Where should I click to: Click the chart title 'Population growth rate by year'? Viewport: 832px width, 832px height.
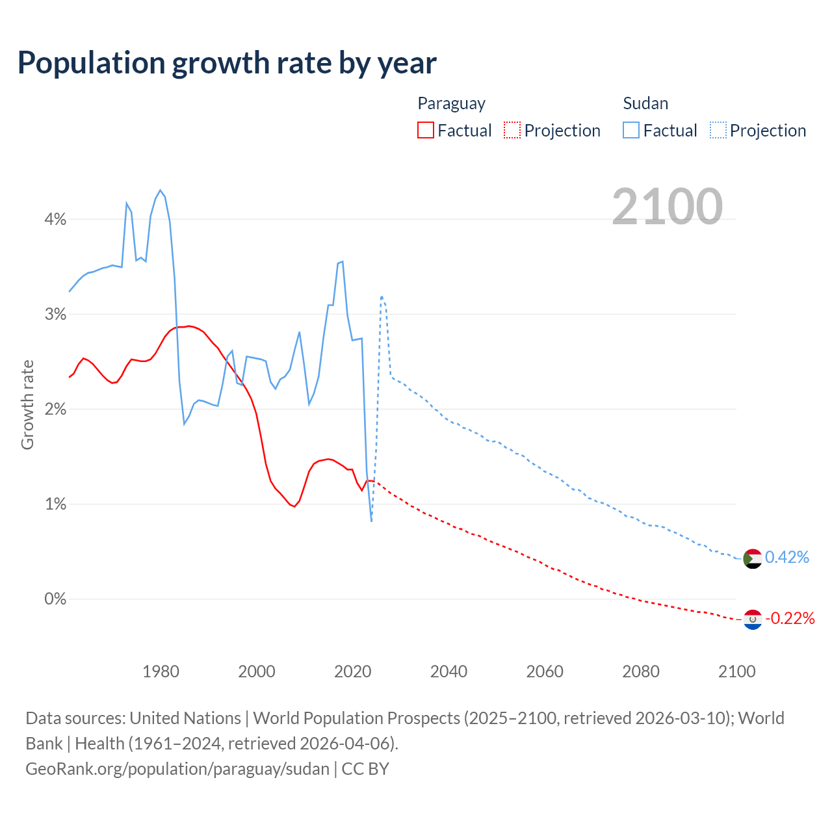[x=227, y=63]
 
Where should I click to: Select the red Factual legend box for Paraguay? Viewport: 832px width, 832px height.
[x=426, y=130]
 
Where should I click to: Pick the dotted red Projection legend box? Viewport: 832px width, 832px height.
[x=512, y=130]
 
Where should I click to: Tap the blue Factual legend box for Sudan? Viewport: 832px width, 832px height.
[x=631, y=130]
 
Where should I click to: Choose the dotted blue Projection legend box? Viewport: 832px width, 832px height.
[x=718, y=130]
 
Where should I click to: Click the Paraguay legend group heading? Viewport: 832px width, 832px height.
[x=451, y=103]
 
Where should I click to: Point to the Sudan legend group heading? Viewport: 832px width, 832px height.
[x=645, y=103]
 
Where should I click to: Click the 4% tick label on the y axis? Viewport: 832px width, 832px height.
[x=55, y=220]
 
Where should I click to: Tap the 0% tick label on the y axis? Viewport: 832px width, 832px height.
[x=55, y=599]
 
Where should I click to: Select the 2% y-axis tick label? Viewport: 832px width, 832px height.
[x=55, y=409]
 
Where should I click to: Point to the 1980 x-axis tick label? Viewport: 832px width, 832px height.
[x=161, y=671]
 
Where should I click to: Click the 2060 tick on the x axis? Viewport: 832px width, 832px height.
[x=545, y=671]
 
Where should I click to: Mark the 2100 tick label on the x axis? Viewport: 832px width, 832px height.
[x=736, y=671]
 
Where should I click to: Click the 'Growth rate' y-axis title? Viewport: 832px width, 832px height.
[x=27, y=404]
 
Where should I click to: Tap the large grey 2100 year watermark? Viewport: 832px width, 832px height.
[x=667, y=207]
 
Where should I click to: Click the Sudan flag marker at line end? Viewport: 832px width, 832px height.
[x=752, y=558]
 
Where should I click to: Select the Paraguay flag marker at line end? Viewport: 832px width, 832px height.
[x=752, y=619]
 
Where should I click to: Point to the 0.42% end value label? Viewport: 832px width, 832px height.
[x=787, y=557]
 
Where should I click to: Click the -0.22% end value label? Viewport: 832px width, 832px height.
[x=790, y=618]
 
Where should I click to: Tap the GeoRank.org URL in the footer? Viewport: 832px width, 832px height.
[x=177, y=769]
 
